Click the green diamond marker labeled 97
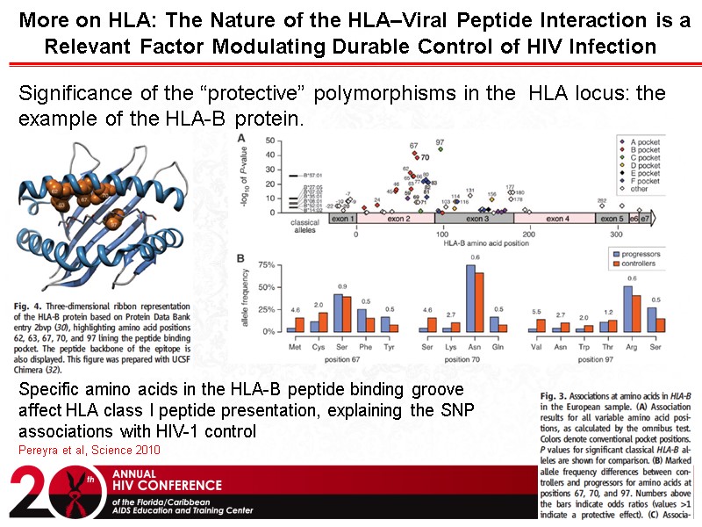440,149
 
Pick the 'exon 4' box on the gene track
560,218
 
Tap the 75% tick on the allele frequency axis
269,263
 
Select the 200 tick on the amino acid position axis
528,235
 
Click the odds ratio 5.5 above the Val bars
537,313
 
